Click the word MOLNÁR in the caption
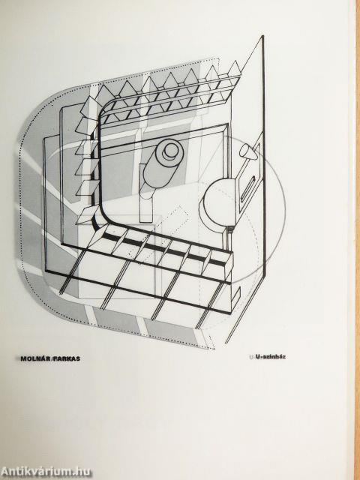pyautogui.click(x=34, y=358)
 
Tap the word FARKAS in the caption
pyautogui.click(x=67, y=358)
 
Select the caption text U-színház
pyautogui.click(x=271, y=357)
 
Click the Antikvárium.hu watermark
pyautogui.click(x=46, y=472)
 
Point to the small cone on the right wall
pyautogui.click(x=248, y=152)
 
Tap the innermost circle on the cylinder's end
pyautogui.click(x=171, y=151)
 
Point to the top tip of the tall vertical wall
pyautogui.click(x=262, y=36)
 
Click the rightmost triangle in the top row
pyautogui.click(x=234, y=69)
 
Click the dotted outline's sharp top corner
pyautogui.click(x=219, y=58)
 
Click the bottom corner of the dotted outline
pyautogui.click(x=214, y=348)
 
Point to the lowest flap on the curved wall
pyautogui.click(x=87, y=216)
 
